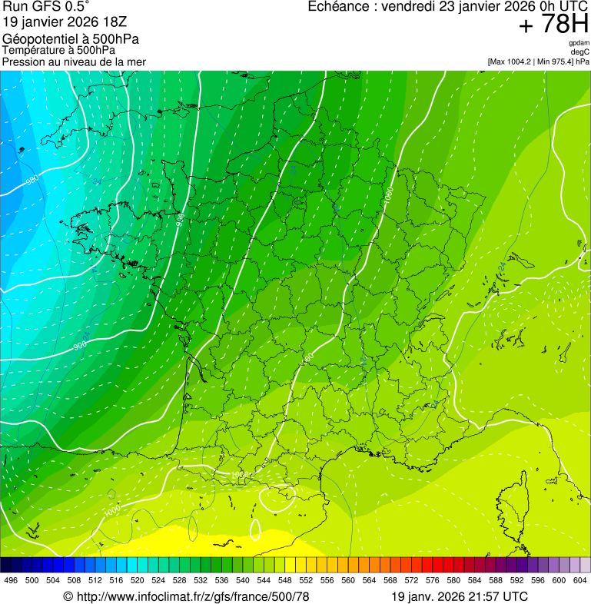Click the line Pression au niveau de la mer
74,61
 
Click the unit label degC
581,51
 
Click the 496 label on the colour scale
11,580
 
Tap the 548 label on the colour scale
285,580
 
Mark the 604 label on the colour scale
580,580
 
